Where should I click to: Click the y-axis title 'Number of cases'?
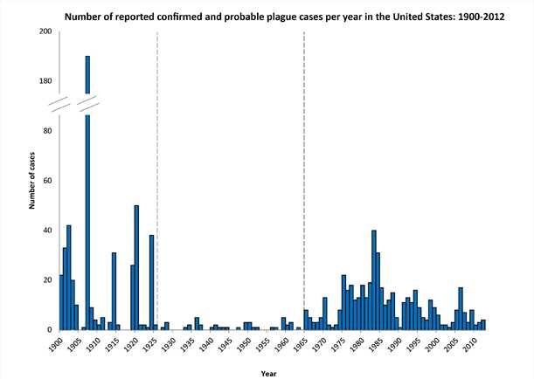pyautogui.click(x=31, y=182)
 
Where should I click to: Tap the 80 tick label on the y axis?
pyautogui.click(x=48, y=131)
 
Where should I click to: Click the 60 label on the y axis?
pyautogui.click(x=48, y=181)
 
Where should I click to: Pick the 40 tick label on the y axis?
pyautogui.click(x=48, y=231)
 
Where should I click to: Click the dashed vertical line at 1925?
pyautogui.click(x=156, y=175)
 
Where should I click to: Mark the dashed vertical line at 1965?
pyautogui.click(x=304, y=175)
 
